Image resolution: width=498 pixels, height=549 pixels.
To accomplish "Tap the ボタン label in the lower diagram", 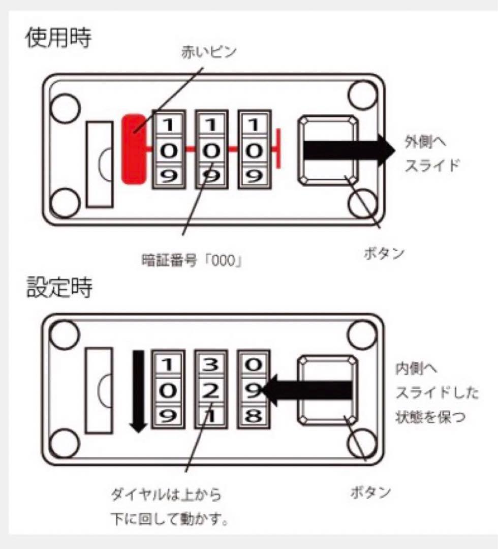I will [370, 492].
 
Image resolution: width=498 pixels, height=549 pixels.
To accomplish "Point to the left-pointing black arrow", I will [307, 389].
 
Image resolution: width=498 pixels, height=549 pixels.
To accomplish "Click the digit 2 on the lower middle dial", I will [211, 390].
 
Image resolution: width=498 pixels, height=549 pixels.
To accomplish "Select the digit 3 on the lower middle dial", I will [211, 364].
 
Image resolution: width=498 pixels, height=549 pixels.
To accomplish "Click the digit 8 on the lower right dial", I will [254, 416].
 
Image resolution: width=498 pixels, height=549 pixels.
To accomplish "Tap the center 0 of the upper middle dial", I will [212, 150].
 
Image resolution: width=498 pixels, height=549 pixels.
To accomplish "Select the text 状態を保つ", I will [426, 417].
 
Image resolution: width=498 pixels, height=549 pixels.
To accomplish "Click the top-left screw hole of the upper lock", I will [66, 108].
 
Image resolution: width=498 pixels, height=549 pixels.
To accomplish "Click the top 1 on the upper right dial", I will [254, 124].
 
